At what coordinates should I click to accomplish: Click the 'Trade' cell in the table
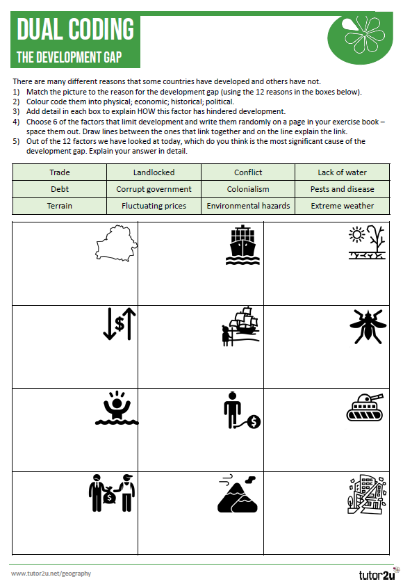click(x=60, y=172)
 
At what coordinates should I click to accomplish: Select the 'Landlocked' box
click(x=154, y=172)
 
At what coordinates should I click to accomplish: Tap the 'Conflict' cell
click(x=248, y=172)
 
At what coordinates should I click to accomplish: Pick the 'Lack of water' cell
click(x=342, y=172)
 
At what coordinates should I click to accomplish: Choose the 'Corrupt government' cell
click(x=154, y=189)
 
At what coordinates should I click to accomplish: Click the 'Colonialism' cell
click(x=248, y=189)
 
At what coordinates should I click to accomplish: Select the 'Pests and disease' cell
click(x=342, y=189)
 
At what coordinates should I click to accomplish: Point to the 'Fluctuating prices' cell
click(x=154, y=206)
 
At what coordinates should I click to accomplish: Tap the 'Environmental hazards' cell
click(x=248, y=206)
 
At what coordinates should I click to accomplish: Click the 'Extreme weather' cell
click(x=342, y=206)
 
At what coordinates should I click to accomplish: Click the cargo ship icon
click(x=242, y=244)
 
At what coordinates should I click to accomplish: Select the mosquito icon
click(x=365, y=326)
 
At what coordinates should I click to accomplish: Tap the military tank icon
click(x=365, y=409)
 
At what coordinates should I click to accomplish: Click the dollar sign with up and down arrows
click(x=120, y=324)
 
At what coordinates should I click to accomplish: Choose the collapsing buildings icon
click(x=365, y=494)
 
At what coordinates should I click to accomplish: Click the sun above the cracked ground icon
click(x=365, y=243)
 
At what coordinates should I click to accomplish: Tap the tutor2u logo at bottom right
click(x=375, y=575)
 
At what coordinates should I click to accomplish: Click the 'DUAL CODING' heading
click(x=75, y=29)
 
